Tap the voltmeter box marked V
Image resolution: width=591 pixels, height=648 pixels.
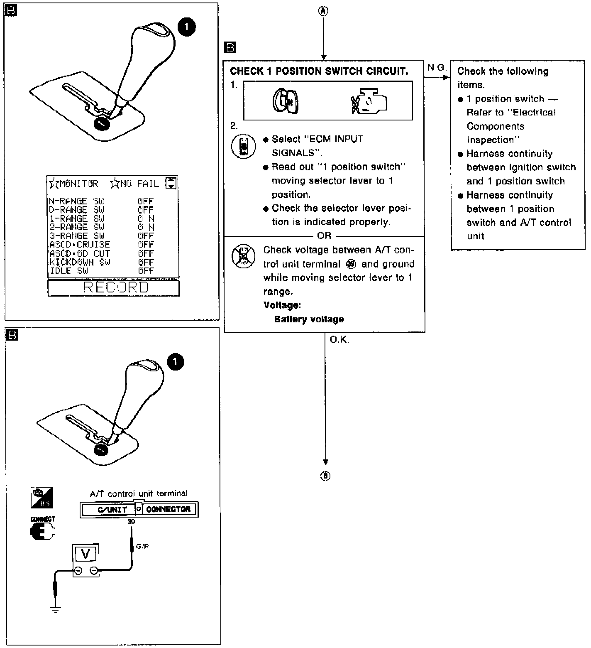(86, 554)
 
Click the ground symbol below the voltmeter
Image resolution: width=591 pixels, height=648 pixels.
(55, 609)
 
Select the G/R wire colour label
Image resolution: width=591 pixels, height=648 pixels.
(142, 547)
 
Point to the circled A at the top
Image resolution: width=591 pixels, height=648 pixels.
(323, 12)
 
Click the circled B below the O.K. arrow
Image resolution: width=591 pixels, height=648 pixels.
(325, 476)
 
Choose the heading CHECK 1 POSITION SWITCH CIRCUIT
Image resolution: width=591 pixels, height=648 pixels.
(319, 71)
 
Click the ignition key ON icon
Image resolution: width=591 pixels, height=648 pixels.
(286, 101)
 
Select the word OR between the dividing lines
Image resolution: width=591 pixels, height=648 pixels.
(324, 236)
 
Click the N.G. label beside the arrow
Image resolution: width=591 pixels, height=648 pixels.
(436, 68)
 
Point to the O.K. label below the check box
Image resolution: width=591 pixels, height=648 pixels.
(339, 340)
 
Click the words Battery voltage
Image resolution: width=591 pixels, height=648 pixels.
(309, 319)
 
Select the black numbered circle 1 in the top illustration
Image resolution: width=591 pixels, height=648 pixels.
(186, 27)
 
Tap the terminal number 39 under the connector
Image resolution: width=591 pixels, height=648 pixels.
(131, 522)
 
